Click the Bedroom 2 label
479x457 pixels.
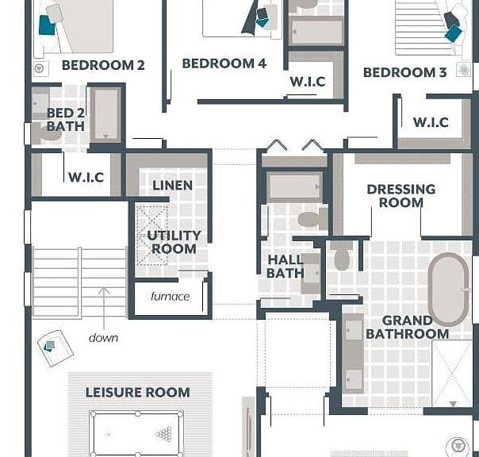click(x=103, y=65)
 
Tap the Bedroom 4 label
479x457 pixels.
click(x=224, y=63)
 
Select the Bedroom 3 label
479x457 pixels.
click(x=405, y=73)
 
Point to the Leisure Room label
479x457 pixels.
click(x=138, y=393)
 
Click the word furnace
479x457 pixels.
click(x=171, y=296)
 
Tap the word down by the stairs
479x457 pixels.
click(x=103, y=338)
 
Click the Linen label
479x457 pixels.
click(x=173, y=185)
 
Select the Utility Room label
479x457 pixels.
click(x=174, y=242)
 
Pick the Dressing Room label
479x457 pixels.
click(x=401, y=196)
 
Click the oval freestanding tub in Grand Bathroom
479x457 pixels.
click(x=448, y=289)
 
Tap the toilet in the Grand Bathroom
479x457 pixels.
click(x=342, y=256)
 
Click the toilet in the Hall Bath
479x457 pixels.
click(x=312, y=220)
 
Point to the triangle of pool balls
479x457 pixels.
click(x=163, y=434)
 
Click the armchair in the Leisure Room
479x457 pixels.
click(x=56, y=348)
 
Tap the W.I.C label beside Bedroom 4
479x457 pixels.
click(x=308, y=82)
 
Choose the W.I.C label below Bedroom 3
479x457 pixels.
click(x=431, y=122)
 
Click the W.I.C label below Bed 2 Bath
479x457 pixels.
click(x=86, y=177)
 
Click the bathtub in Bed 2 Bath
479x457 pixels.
click(x=105, y=114)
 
